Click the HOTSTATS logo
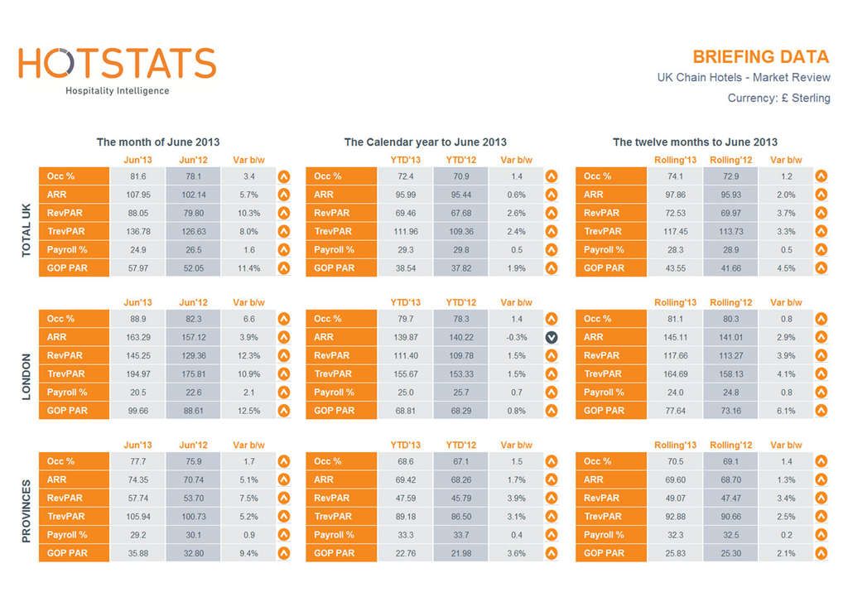click(117, 64)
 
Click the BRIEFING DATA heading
click(760, 57)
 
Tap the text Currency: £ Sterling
click(778, 98)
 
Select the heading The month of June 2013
click(158, 142)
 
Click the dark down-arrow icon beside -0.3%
click(552, 337)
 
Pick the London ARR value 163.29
click(137, 337)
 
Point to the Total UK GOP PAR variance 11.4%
click(248, 268)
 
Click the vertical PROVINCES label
click(26, 510)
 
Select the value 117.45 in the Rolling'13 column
click(675, 231)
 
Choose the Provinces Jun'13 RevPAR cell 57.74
click(137, 498)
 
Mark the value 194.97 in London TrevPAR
click(137, 373)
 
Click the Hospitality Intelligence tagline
click(117, 91)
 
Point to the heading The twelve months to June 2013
click(695, 142)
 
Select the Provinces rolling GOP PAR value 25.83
click(675, 553)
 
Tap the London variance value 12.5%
click(248, 411)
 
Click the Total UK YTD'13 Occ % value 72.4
click(406, 176)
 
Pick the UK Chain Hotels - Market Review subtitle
click(744, 78)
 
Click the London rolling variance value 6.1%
click(787, 411)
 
